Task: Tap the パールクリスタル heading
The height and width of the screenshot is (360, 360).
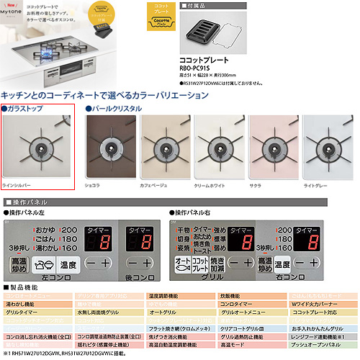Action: [115, 108]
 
